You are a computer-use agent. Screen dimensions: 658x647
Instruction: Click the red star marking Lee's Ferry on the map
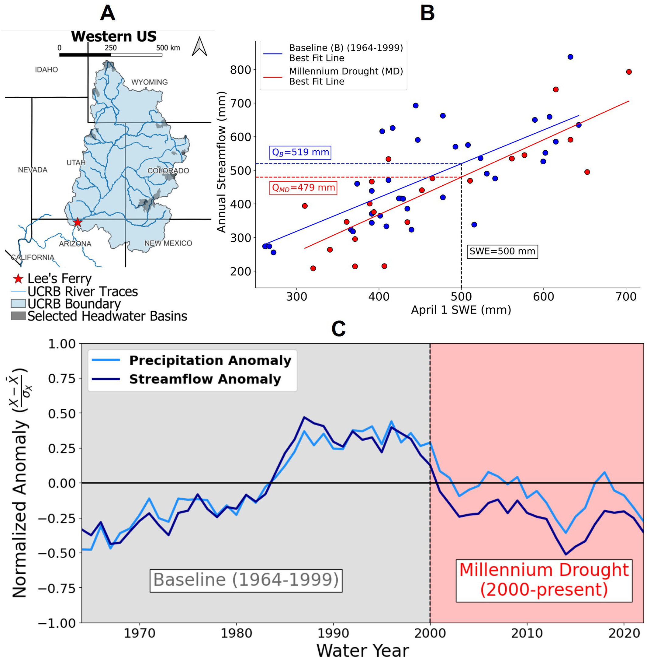pyautogui.click(x=78, y=222)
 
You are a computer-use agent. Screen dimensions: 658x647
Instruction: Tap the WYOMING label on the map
pyautogui.click(x=150, y=82)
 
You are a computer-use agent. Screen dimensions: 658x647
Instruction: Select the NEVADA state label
pyautogui.click(x=33, y=170)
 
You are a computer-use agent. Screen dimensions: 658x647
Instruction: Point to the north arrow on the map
pyautogui.click(x=199, y=47)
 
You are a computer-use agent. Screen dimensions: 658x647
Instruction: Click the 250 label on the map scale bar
pyautogui.click(x=110, y=48)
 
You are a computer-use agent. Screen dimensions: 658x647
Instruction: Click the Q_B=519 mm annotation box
pyautogui.click(x=300, y=152)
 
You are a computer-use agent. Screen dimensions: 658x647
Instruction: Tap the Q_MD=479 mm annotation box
pyautogui.click(x=303, y=187)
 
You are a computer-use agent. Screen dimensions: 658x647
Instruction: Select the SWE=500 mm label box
pyautogui.click(x=502, y=251)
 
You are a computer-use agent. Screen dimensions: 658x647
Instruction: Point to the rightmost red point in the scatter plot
pyautogui.click(x=629, y=72)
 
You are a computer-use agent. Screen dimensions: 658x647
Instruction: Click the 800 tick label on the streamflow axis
pyautogui.click(x=240, y=70)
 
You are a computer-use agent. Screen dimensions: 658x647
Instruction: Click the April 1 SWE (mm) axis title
pyautogui.click(x=461, y=310)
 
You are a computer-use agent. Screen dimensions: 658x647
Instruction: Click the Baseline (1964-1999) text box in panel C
pyautogui.click(x=246, y=579)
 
